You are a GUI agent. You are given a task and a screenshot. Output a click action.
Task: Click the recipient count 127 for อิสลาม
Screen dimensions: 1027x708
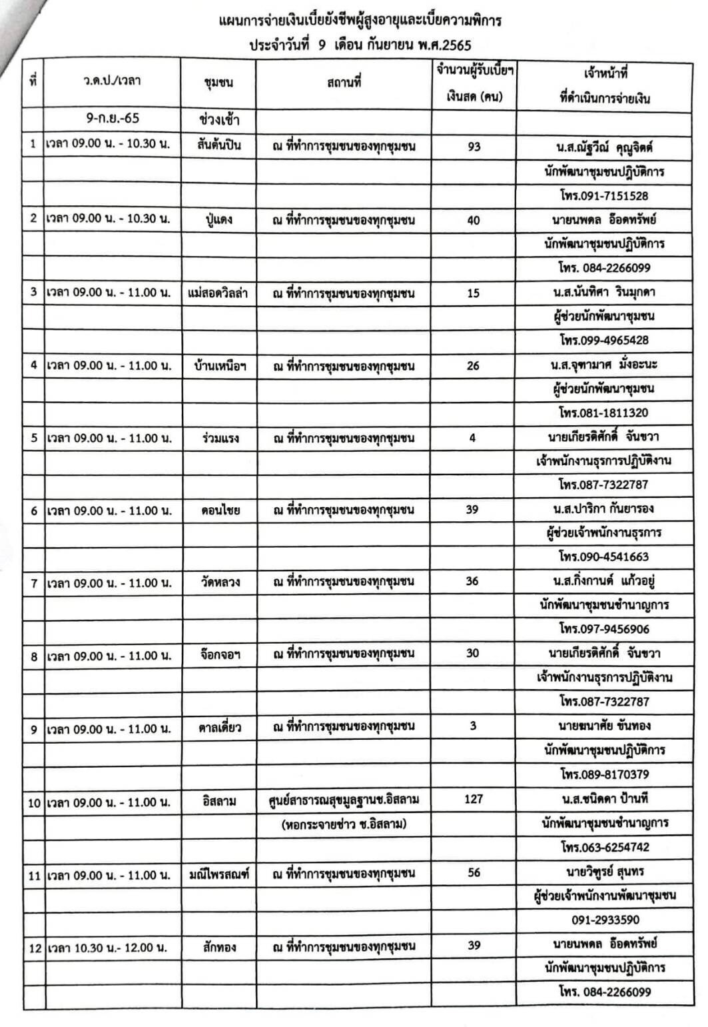pyautogui.click(x=473, y=798)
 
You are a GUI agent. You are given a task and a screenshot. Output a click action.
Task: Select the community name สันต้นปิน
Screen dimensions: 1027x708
pyautogui.click(x=219, y=145)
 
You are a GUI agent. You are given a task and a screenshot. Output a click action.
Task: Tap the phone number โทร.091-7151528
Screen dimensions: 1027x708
pyautogui.click(x=603, y=196)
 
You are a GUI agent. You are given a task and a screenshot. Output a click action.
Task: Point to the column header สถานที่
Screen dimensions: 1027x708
pyautogui.click(x=344, y=83)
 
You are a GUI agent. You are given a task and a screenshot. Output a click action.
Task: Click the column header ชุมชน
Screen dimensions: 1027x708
pyautogui.click(x=218, y=83)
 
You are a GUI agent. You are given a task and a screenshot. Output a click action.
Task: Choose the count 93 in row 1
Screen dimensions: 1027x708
pyautogui.click(x=474, y=146)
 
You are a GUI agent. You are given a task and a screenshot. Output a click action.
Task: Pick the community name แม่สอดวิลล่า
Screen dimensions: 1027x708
pyautogui.click(x=219, y=293)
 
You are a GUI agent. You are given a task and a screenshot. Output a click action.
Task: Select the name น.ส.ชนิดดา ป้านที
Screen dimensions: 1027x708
pyautogui.click(x=605, y=798)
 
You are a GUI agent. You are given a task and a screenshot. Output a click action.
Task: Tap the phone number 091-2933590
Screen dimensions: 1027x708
pyautogui.click(x=605, y=920)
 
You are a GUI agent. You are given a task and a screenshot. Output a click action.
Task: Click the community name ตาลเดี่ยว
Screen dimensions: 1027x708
pyautogui.click(x=219, y=728)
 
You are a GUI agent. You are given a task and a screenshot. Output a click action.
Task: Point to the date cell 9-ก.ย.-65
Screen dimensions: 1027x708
pyautogui.click(x=113, y=118)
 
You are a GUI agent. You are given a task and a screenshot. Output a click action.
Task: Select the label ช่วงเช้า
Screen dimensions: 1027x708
pyautogui.click(x=219, y=121)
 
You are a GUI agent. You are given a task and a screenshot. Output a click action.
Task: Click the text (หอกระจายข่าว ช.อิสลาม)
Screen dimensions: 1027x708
pyautogui.click(x=344, y=824)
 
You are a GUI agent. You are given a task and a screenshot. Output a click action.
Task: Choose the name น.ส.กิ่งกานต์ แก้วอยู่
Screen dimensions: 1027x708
pyautogui.click(x=605, y=580)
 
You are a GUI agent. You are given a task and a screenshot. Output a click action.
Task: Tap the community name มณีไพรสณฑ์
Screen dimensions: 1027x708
pyautogui.click(x=219, y=874)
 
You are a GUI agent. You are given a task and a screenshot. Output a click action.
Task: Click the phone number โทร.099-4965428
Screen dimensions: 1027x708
pyautogui.click(x=603, y=340)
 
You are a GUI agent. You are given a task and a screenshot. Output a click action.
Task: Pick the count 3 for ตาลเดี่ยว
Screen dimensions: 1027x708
pyautogui.click(x=473, y=726)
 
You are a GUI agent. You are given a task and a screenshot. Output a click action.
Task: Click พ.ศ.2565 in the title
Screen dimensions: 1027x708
pyautogui.click(x=443, y=46)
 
